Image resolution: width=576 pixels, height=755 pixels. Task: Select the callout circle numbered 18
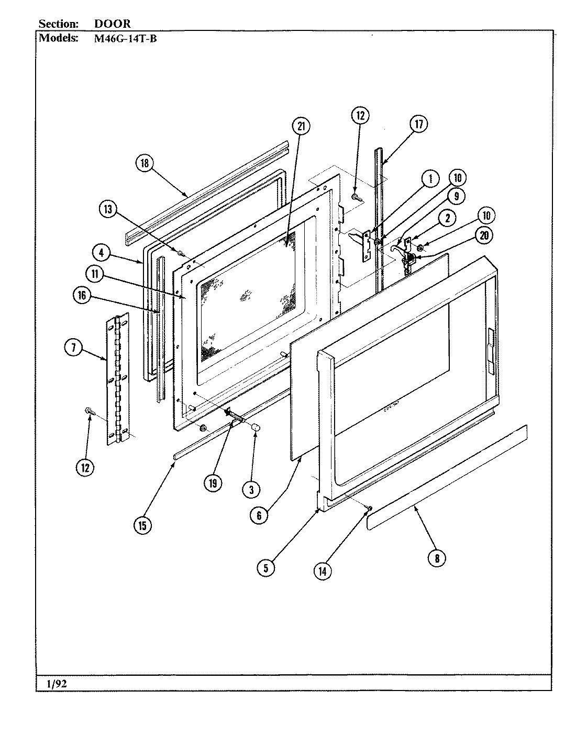tap(145, 163)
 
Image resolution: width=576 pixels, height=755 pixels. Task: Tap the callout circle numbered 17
tap(419, 124)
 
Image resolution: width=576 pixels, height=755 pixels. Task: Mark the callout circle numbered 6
tap(259, 515)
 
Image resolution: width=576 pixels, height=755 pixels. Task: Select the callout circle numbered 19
tap(213, 483)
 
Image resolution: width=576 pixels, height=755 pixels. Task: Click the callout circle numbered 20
tap(483, 235)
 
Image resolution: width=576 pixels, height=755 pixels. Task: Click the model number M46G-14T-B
tap(124, 38)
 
